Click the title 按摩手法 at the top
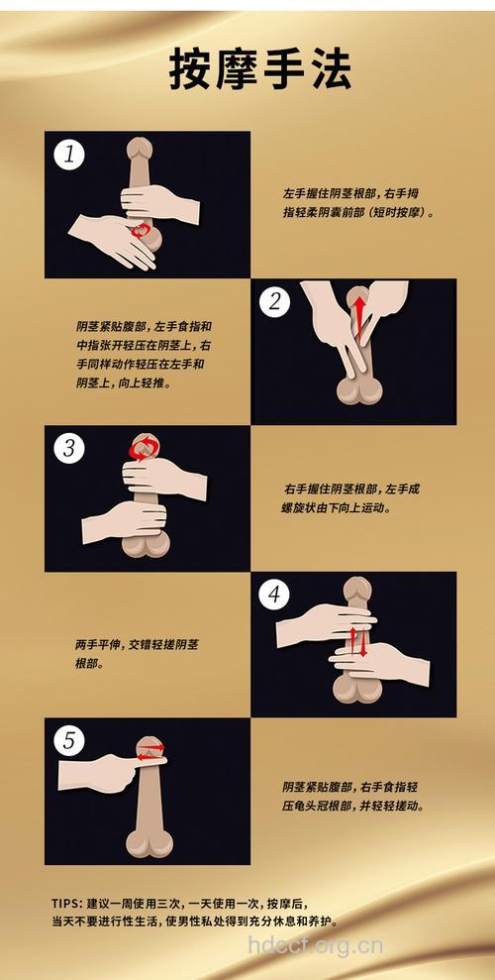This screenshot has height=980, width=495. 247,72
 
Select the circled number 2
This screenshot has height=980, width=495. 275,302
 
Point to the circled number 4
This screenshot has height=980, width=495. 275,595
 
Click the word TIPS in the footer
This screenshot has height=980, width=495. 66,904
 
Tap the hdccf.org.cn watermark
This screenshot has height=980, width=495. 315,944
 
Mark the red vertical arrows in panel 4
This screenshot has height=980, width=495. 358,641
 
